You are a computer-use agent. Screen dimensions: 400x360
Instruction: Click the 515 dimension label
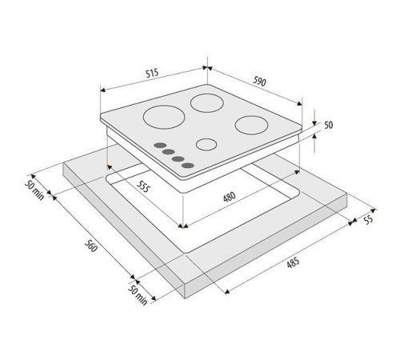[152, 73]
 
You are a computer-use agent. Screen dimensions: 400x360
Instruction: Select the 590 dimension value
[259, 82]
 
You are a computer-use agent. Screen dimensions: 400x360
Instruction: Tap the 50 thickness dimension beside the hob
[329, 125]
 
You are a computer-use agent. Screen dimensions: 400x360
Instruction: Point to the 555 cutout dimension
[143, 186]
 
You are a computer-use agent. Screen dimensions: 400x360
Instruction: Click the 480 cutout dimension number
[230, 197]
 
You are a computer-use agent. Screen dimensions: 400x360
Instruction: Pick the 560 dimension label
[90, 246]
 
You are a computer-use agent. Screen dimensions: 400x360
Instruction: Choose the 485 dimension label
[293, 262]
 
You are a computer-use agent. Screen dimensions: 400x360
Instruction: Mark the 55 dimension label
[368, 220]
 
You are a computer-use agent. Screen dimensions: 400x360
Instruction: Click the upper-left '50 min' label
[34, 190]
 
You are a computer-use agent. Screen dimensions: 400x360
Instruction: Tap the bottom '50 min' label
[138, 295]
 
